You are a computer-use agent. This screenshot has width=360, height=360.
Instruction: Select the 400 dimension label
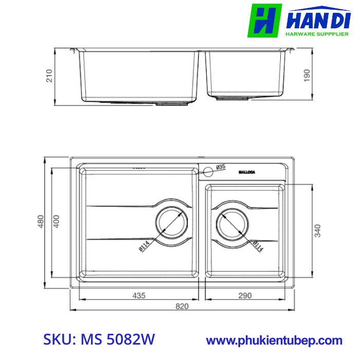(x=57, y=222)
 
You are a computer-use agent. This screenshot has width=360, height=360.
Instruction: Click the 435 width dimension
(x=139, y=296)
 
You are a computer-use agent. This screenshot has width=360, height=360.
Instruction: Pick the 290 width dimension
(x=245, y=296)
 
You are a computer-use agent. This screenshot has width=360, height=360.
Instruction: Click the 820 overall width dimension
(x=182, y=307)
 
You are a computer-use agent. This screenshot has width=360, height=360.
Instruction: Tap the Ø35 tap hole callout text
(x=221, y=167)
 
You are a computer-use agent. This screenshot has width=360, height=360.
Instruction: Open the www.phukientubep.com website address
(x=274, y=340)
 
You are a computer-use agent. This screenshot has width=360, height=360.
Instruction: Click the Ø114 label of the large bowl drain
(x=143, y=247)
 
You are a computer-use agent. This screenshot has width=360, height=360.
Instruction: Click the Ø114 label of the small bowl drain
(x=258, y=246)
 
